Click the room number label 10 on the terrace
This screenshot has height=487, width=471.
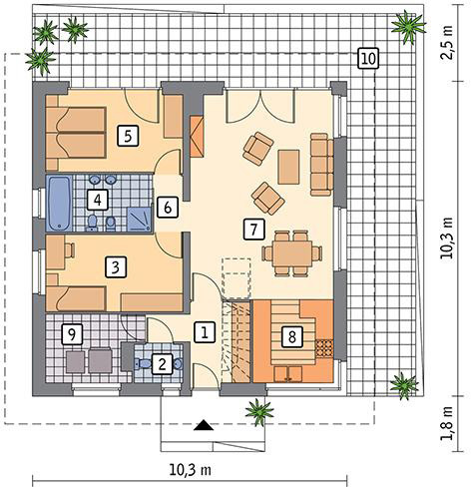click(x=368, y=59)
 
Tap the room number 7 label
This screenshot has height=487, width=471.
click(x=254, y=230)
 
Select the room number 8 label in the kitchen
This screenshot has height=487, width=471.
click(x=292, y=337)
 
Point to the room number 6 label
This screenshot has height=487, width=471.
click(x=168, y=208)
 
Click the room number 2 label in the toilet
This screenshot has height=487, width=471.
click(x=162, y=364)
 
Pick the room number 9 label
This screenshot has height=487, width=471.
click(x=72, y=334)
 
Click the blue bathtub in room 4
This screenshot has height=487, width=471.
click(x=59, y=204)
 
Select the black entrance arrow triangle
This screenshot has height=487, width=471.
click(x=204, y=425)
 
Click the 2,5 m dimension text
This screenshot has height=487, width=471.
click(x=447, y=42)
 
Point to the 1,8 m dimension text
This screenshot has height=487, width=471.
click(x=447, y=423)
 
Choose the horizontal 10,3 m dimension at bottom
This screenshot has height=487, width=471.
click(x=191, y=470)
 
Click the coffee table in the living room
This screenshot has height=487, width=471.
click(x=288, y=167)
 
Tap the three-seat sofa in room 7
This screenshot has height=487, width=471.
click(x=321, y=165)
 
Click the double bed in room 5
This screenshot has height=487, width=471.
click(x=76, y=133)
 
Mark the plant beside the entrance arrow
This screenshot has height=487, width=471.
click(x=259, y=412)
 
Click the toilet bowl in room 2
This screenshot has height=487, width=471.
click(x=142, y=363)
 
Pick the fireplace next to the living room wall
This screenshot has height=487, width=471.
click(x=197, y=137)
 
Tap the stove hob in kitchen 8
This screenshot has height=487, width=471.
click(x=324, y=348)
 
